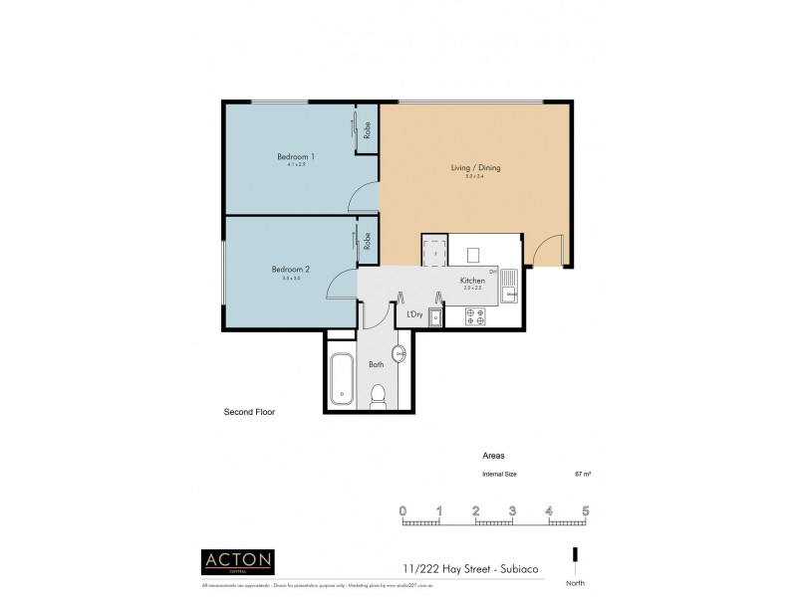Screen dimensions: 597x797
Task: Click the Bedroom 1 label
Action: pos(296,156)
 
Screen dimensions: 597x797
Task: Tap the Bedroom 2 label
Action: pos(292,269)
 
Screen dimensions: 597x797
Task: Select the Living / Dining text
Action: pos(475,168)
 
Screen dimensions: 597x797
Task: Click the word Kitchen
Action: pos(472,282)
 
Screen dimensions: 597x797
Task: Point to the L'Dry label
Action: pos(415,315)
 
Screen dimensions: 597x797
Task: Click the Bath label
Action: pos(376,365)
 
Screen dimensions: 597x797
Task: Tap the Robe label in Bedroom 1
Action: pos(368,129)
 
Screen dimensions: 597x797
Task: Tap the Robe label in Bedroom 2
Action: pos(368,241)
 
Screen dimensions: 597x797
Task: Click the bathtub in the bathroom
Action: pos(341,379)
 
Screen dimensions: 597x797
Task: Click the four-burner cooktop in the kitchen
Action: pos(472,316)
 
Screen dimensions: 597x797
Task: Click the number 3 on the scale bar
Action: pos(512,511)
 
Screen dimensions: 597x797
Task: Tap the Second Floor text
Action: pos(249,411)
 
